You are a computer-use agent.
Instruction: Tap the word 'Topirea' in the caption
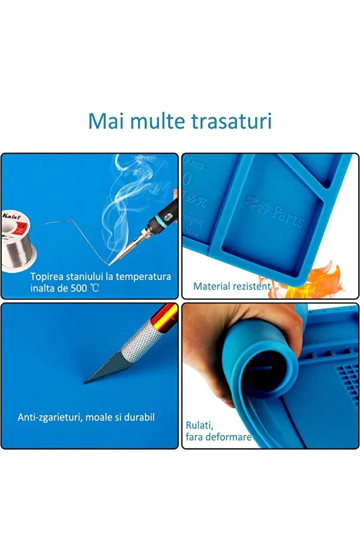[46, 277]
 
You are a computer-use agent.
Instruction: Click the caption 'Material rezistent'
[232, 286]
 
